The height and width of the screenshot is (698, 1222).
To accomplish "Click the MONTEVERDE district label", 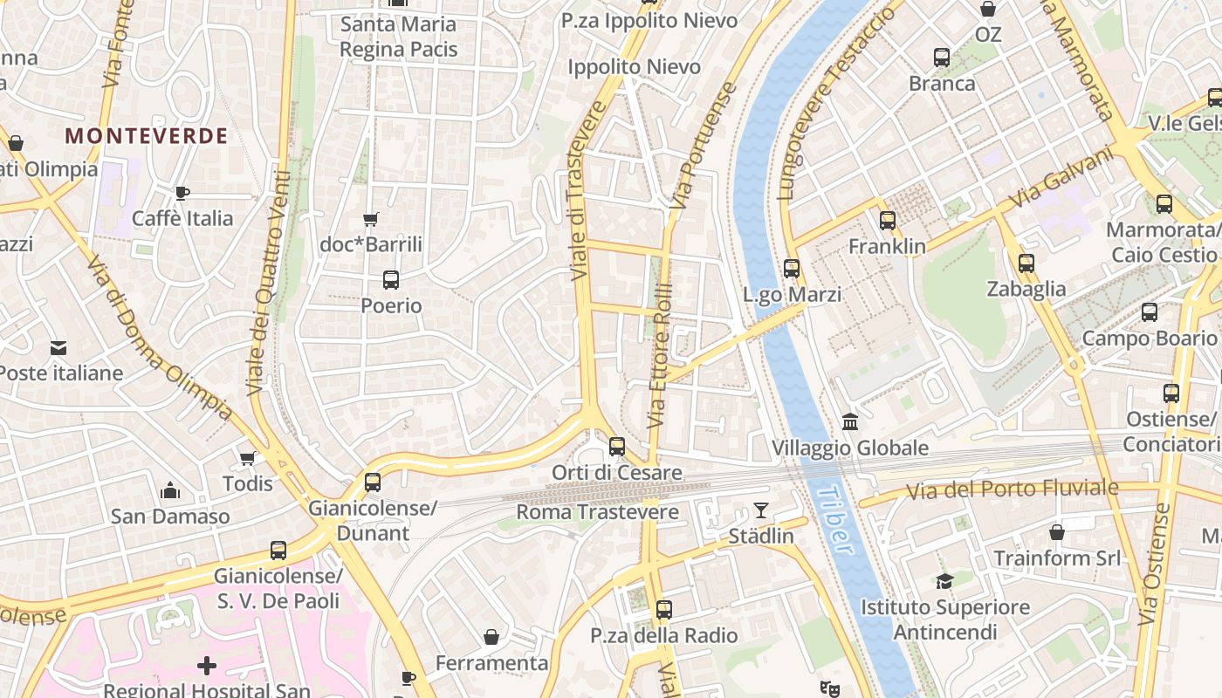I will click(x=147, y=136).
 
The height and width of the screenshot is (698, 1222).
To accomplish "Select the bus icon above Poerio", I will click(x=391, y=280).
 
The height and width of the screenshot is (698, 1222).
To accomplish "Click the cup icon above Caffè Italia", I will click(x=182, y=193).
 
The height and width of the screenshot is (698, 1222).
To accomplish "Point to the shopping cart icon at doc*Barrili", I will click(x=371, y=219).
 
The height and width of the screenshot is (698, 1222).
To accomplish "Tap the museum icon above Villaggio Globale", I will click(x=850, y=422).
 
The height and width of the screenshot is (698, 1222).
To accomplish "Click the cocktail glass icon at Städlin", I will click(x=761, y=510).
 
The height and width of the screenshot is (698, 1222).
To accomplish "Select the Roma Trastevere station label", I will click(x=597, y=512).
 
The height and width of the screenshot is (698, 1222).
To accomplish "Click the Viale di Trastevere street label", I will click(x=587, y=192).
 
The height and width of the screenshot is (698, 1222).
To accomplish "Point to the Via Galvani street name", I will click(x=1062, y=179).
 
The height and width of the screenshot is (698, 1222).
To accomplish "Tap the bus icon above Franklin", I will click(x=888, y=221).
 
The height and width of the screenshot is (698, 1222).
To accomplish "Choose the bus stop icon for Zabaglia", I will click(x=1026, y=263).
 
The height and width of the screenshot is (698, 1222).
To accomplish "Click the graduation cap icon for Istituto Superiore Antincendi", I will click(x=944, y=581).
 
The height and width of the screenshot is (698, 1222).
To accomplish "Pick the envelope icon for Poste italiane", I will click(x=58, y=347).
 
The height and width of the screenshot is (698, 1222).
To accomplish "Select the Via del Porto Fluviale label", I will click(x=1012, y=489).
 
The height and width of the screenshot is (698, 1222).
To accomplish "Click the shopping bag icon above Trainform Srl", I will click(x=1056, y=531).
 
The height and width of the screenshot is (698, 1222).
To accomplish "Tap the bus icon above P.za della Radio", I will click(x=664, y=610).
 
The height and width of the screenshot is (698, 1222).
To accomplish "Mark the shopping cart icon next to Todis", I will click(x=248, y=458).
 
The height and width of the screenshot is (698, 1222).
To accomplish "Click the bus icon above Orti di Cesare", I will click(x=617, y=447).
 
